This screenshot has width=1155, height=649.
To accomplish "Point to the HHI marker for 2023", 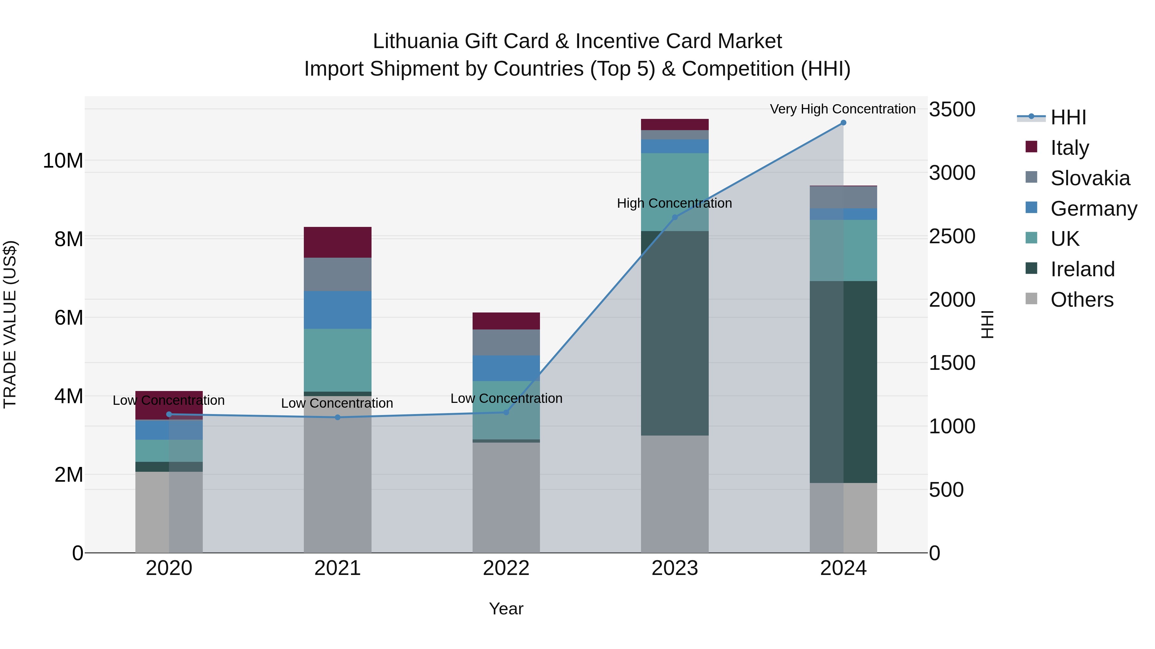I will pos(675,217).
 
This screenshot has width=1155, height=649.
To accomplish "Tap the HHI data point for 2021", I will pos(338,417).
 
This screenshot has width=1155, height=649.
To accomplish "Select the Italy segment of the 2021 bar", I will pos(338,242).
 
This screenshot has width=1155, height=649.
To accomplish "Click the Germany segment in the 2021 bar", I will pos(338,310).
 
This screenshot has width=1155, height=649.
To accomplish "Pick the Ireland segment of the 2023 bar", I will pos(675,333).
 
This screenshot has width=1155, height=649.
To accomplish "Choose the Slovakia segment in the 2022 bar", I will pos(506,343).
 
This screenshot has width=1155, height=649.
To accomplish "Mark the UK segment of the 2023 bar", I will pos(675,192).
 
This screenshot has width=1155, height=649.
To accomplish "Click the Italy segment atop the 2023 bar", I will pos(675,125).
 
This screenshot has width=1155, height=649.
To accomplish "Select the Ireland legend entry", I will pos(1082,269).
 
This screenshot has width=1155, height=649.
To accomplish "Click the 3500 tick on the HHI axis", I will pos(952,109).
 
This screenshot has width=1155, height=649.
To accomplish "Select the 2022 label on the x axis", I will pos(506,568).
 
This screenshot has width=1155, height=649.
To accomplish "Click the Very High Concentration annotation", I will pos(843,109).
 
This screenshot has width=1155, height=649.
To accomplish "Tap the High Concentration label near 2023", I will pos(674,203).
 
